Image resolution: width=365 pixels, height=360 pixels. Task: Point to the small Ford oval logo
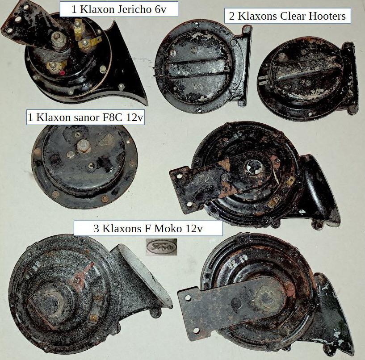pos(161,247)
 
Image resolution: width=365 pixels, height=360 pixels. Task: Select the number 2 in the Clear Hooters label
pos(231,16)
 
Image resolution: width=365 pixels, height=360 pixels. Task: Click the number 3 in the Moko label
pos(96,229)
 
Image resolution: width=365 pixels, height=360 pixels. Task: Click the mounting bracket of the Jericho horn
pos(30,25)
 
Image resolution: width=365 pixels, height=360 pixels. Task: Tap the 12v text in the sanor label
pos(134,117)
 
